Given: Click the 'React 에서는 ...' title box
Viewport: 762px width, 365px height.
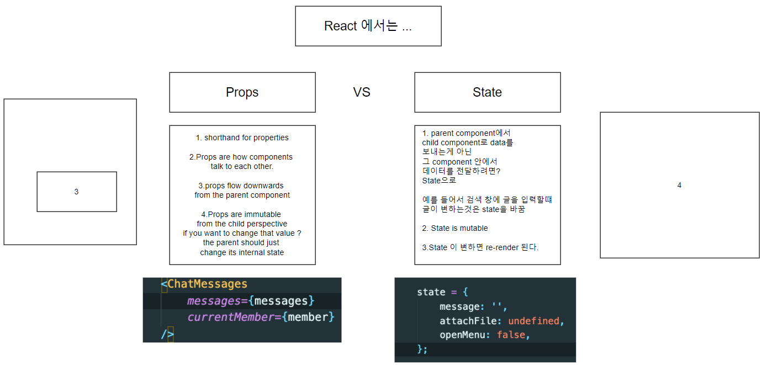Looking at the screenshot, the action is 368,26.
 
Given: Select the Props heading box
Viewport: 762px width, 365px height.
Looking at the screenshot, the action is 242,92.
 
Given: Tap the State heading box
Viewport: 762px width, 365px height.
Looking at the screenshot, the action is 487,92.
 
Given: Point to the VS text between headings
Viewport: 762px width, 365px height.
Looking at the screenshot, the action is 362,92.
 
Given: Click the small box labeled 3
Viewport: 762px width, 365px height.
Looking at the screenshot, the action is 76,192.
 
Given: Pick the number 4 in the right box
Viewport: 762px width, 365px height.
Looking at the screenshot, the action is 679,186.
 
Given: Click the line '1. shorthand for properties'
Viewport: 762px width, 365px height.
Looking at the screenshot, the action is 242,137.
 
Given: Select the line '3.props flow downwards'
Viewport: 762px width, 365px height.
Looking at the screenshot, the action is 242,186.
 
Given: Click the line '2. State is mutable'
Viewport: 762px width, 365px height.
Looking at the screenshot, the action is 455,228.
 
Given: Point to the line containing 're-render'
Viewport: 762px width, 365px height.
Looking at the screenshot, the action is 480,247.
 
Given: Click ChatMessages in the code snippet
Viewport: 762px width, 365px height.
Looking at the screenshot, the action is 207,284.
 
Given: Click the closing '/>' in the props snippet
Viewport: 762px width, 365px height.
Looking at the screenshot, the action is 167,334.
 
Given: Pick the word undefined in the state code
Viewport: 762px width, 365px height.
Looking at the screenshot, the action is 534,321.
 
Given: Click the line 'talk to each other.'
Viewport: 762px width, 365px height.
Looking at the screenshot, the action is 242,166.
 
